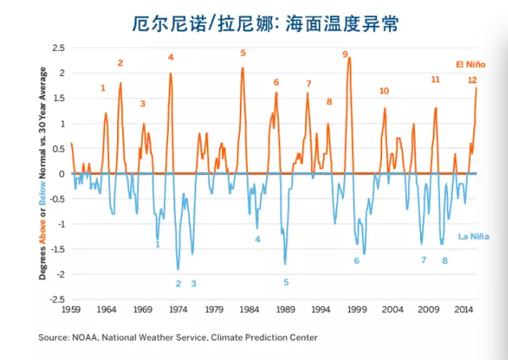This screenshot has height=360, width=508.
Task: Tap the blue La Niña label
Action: click(471, 237)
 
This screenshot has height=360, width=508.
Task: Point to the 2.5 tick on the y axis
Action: click(58, 48)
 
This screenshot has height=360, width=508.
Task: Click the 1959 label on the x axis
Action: click(72, 309)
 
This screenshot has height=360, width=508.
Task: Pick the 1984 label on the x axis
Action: click(250, 309)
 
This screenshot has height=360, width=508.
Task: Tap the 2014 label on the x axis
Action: click(463, 309)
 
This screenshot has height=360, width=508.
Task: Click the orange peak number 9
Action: click(345, 55)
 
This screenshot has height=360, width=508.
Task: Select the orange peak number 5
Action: click(242, 53)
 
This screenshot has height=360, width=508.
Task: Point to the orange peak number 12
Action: click(472, 80)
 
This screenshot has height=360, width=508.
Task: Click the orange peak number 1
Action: click(103, 88)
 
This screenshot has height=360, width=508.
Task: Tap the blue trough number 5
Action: click(286, 282)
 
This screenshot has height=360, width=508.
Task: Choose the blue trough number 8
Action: click(444, 260)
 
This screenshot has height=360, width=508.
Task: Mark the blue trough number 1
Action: click(157, 244)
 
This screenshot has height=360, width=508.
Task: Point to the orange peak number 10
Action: click(384, 91)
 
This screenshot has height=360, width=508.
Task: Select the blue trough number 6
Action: click(356, 260)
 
